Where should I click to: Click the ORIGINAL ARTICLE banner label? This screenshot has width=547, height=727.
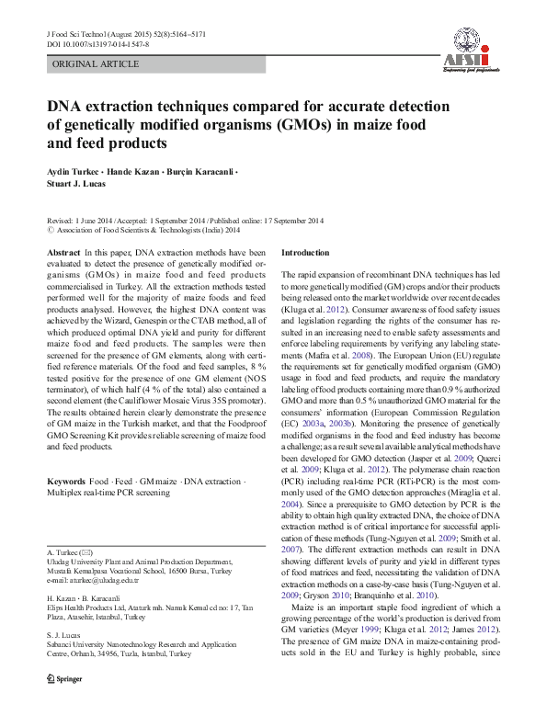tap(96, 64)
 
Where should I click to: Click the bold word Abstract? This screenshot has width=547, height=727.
tap(63, 252)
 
